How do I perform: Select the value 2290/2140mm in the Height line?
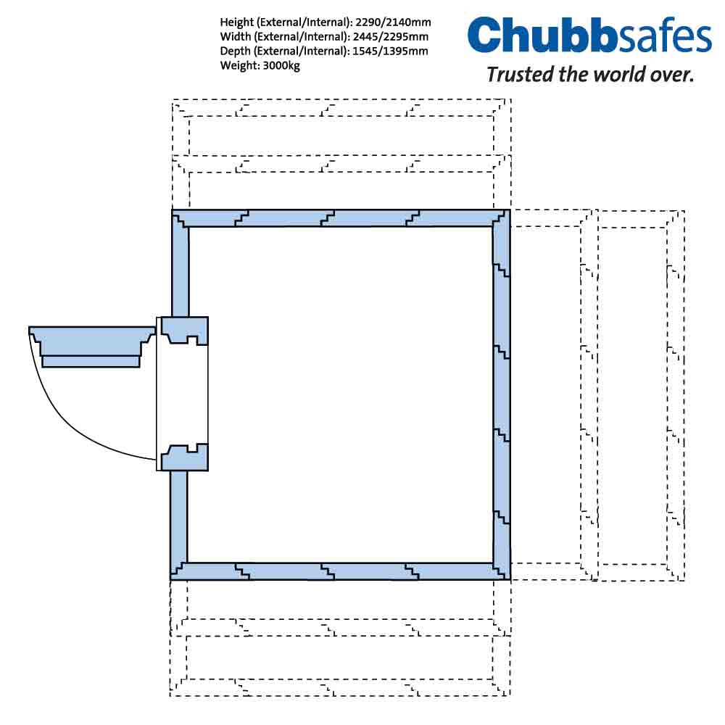(x=393, y=22)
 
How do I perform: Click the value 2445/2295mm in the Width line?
(x=391, y=36)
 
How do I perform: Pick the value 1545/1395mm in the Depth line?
(x=390, y=51)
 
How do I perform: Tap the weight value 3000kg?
(x=281, y=66)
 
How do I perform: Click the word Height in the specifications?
(x=237, y=22)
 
